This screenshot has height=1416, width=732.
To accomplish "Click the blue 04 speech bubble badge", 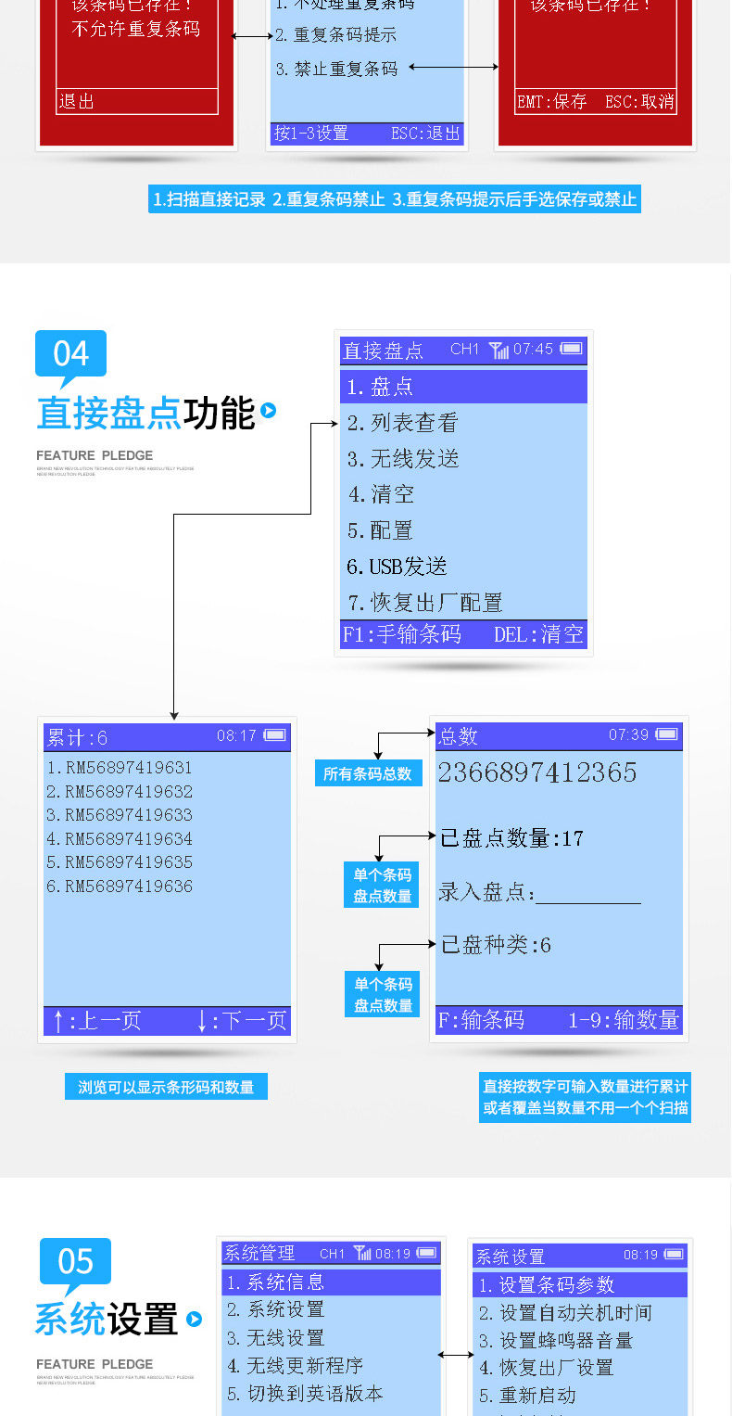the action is tap(70, 354).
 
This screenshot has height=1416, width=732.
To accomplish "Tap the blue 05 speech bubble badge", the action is tap(75, 1262).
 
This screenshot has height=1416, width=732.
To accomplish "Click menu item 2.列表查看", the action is tap(403, 423).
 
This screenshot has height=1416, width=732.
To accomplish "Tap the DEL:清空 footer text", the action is tap(539, 634).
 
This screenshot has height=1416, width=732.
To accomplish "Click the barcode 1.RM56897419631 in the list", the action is tap(120, 768).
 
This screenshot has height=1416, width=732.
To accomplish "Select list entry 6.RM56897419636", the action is tap(120, 887).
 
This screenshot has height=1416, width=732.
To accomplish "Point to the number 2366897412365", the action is tap(537, 772).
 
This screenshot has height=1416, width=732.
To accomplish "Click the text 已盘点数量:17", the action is tap(511, 839).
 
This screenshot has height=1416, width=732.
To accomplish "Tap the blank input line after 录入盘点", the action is tap(588, 895).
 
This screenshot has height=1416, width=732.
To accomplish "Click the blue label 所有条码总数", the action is tap(368, 773).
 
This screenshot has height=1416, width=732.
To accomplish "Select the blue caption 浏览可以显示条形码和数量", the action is tap(166, 1087).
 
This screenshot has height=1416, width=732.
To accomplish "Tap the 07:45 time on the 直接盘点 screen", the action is tap(533, 350).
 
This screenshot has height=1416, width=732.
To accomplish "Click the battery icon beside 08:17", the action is tap(274, 735).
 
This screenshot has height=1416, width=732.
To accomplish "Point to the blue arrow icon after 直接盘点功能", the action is tap(269, 410).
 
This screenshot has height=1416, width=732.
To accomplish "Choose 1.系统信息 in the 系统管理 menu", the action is tap(276, 1282).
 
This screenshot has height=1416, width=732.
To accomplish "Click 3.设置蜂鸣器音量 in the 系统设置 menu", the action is tap(556, 1341).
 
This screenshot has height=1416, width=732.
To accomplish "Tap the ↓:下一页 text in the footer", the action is tap(242, 1021).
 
